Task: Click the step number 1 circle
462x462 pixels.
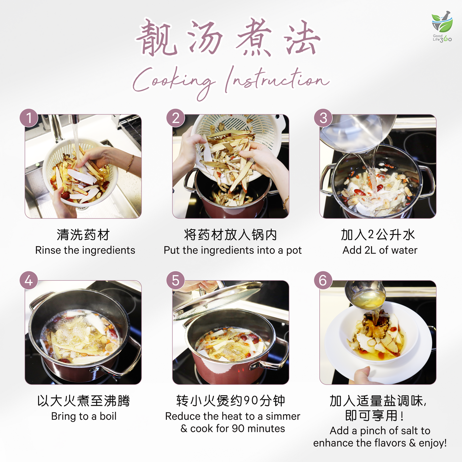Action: pos(29,118)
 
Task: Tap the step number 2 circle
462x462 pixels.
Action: pos(176,118)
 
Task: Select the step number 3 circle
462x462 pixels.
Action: pos(323,118)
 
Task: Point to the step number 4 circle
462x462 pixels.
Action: pos(29,281)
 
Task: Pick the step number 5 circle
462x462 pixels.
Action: pos(176,281)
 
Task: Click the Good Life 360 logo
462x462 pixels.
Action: pos(442,27)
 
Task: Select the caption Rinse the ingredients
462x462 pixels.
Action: pos(85,250)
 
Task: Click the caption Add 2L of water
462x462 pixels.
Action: pos(380,250)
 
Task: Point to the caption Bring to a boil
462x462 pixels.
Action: pos(84,416)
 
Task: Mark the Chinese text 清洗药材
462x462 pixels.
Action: pos(83,235)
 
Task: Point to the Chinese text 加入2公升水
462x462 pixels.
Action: pos(378,235)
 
